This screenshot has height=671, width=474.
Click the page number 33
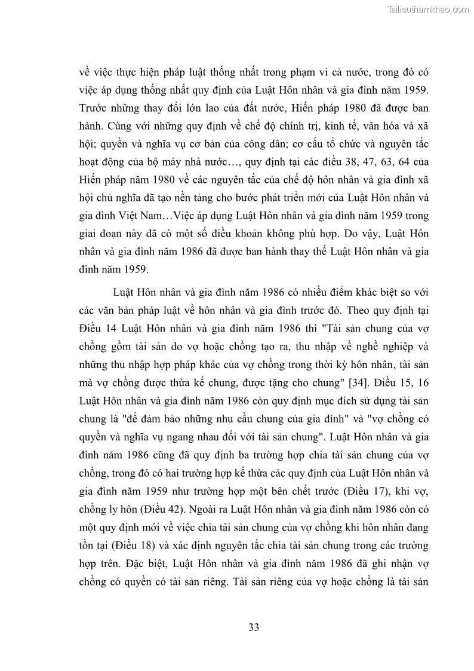(253, 627)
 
